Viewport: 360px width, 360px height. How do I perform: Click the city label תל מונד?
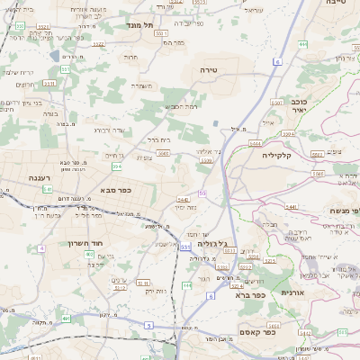coord(137,27)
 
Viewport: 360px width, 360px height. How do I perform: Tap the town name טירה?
coord(208,69)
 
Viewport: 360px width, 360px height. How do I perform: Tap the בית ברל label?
coord(158,140)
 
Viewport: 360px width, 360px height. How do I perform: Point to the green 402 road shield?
coord(90,255)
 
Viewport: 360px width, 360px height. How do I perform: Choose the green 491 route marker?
coord(65,319)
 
